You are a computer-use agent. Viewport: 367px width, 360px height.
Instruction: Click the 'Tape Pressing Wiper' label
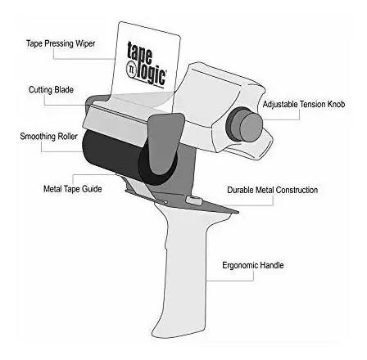(x=61, y=43)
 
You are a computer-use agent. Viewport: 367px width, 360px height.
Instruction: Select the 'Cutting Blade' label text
(x=51, y=90)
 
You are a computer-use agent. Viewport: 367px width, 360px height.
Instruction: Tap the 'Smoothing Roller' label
(x=49, y=136)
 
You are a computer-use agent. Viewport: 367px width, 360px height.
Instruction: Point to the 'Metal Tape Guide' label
(x=73, y=189)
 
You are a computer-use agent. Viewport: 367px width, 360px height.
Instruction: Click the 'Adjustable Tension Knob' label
(x=304, y=104)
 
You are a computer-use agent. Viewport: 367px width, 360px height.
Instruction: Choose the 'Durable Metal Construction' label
(x=273, y=190)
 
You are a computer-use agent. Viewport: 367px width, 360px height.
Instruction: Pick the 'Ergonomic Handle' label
(x=253, y=265)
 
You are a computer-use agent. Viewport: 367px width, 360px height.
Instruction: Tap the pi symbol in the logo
(x=130, y=69)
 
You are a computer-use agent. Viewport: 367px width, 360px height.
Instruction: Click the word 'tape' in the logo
(x=139, y=53)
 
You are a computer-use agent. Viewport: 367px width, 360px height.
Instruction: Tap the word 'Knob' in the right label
(x=335, y=104)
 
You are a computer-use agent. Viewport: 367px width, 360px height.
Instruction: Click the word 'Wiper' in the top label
(x=85, y=43)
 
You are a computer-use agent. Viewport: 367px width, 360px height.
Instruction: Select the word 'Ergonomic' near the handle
(x=239, y=265)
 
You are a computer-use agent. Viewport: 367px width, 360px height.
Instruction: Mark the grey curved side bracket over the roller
(x=165, y=142)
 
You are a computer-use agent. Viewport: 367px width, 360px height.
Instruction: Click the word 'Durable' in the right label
(x=240, y=190)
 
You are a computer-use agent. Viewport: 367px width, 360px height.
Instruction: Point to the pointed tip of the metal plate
(x=238, y=212)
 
